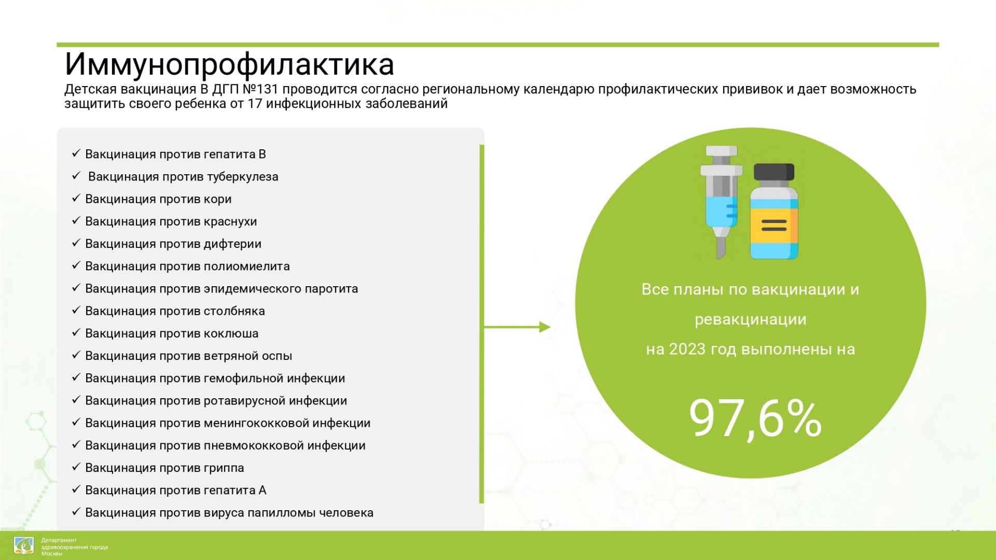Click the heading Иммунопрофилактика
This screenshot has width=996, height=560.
[229, 65]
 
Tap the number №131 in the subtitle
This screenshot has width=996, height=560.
[260, 89]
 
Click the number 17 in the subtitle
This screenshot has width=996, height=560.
[255, 104]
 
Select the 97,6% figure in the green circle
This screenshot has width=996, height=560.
[755, 418]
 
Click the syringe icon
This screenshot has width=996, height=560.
[721, 201]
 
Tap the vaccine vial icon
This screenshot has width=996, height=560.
[774, 212]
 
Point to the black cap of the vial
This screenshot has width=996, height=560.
[774, 172]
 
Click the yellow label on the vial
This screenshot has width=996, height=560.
[774, 226]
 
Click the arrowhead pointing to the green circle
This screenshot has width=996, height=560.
[545, 327]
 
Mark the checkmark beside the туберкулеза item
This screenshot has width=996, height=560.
[76, 176]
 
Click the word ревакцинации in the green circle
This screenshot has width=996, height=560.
[751, 319]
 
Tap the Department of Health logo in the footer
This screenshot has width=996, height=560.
[24, 546]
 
